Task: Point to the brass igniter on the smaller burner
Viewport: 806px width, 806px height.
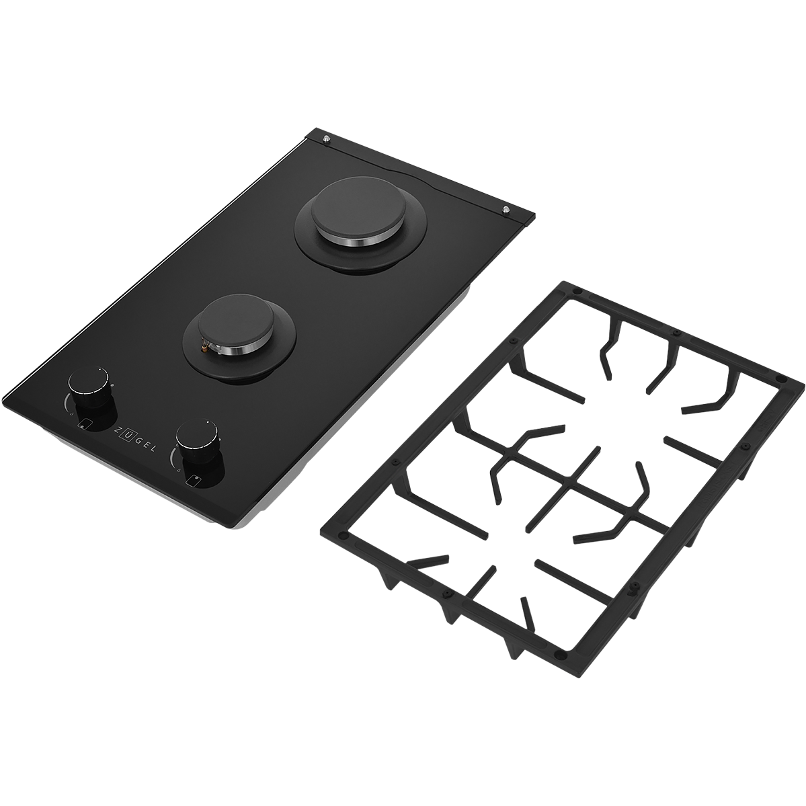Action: click(x=205, y=348)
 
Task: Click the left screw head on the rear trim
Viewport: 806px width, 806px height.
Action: click(x=325, y=138)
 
